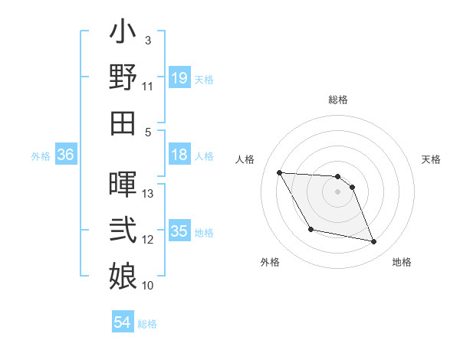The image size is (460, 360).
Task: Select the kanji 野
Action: pyautogui.click(x=123, y=78)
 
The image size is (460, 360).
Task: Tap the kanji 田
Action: pyautogui.click(x=123, y=123)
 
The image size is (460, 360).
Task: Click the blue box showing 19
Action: pyautogui.click(x=179, y=78)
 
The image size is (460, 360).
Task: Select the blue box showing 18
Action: pyautogui.click(x=179, y=155)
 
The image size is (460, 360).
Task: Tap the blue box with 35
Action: pyautogui.click(x=179, y=231)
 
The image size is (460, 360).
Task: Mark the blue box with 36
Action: pyautogui.click(x=66, y=155)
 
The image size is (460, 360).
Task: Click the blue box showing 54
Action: pyautogui.click(x=123, y=323)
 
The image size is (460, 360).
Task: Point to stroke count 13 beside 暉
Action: pyautogui.click(x=149, y=194)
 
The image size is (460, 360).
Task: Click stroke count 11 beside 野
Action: pyautogui.click(x=148, y=86)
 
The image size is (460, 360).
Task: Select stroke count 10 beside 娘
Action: pyautogui.click(x=149, y=286)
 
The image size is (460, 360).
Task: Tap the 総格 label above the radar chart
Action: pyautogui.click(x=338, y=100)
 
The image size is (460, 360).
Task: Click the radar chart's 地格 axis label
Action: pyautogui.click(x=402, y=262)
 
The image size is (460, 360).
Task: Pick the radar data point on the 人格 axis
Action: pyautogui.click(x=279, y=172)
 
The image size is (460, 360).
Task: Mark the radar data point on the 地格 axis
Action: pyautogui.click(x=374, y=242)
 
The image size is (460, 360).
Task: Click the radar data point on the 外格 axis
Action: pyautogui.click(x=310, y=229)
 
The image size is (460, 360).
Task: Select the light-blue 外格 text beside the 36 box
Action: pyautogui.click(x=41, y=156)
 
